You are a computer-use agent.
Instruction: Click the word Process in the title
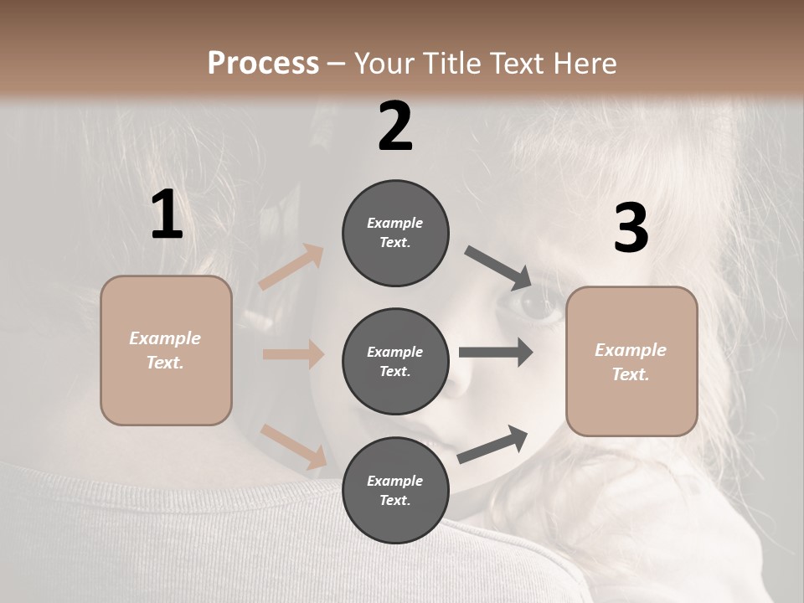pyautogui.click(x=263, y=64)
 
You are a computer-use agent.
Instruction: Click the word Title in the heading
pyautogui.click(x=452, y=64)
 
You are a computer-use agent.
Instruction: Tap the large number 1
pyautogui.click(x=167, y=215)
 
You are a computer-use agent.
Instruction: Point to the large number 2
pyautogui.click(x=395, y=126)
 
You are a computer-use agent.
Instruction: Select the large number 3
pyautogui.click(x=631, y=228)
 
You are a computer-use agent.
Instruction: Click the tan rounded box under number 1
pyautogui.click(x=166, y=350)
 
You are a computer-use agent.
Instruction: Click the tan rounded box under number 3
pyautogui.click(x=631, y=362)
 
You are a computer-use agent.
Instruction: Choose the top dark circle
pyautogui.click(x=395, y=233)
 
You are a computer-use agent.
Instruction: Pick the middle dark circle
pyautogui.click(x=395, y=362)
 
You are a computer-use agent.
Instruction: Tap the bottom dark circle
pyautogui.click(x=395, y=491)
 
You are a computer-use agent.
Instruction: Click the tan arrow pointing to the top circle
pyautogui.click(x=291, y=267)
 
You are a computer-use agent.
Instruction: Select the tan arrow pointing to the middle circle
pyautogui.click(x=293, y=354)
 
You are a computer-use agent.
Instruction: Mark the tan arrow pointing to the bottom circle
pyautogui.click(x=294, y=446)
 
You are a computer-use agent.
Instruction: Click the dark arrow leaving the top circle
pyautogui.click(x=498, y=267)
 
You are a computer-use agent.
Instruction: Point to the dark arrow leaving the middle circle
pyautogui.click(x=496, y=353)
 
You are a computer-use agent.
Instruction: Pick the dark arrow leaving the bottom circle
pyautogui.click(x=492, y=445)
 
